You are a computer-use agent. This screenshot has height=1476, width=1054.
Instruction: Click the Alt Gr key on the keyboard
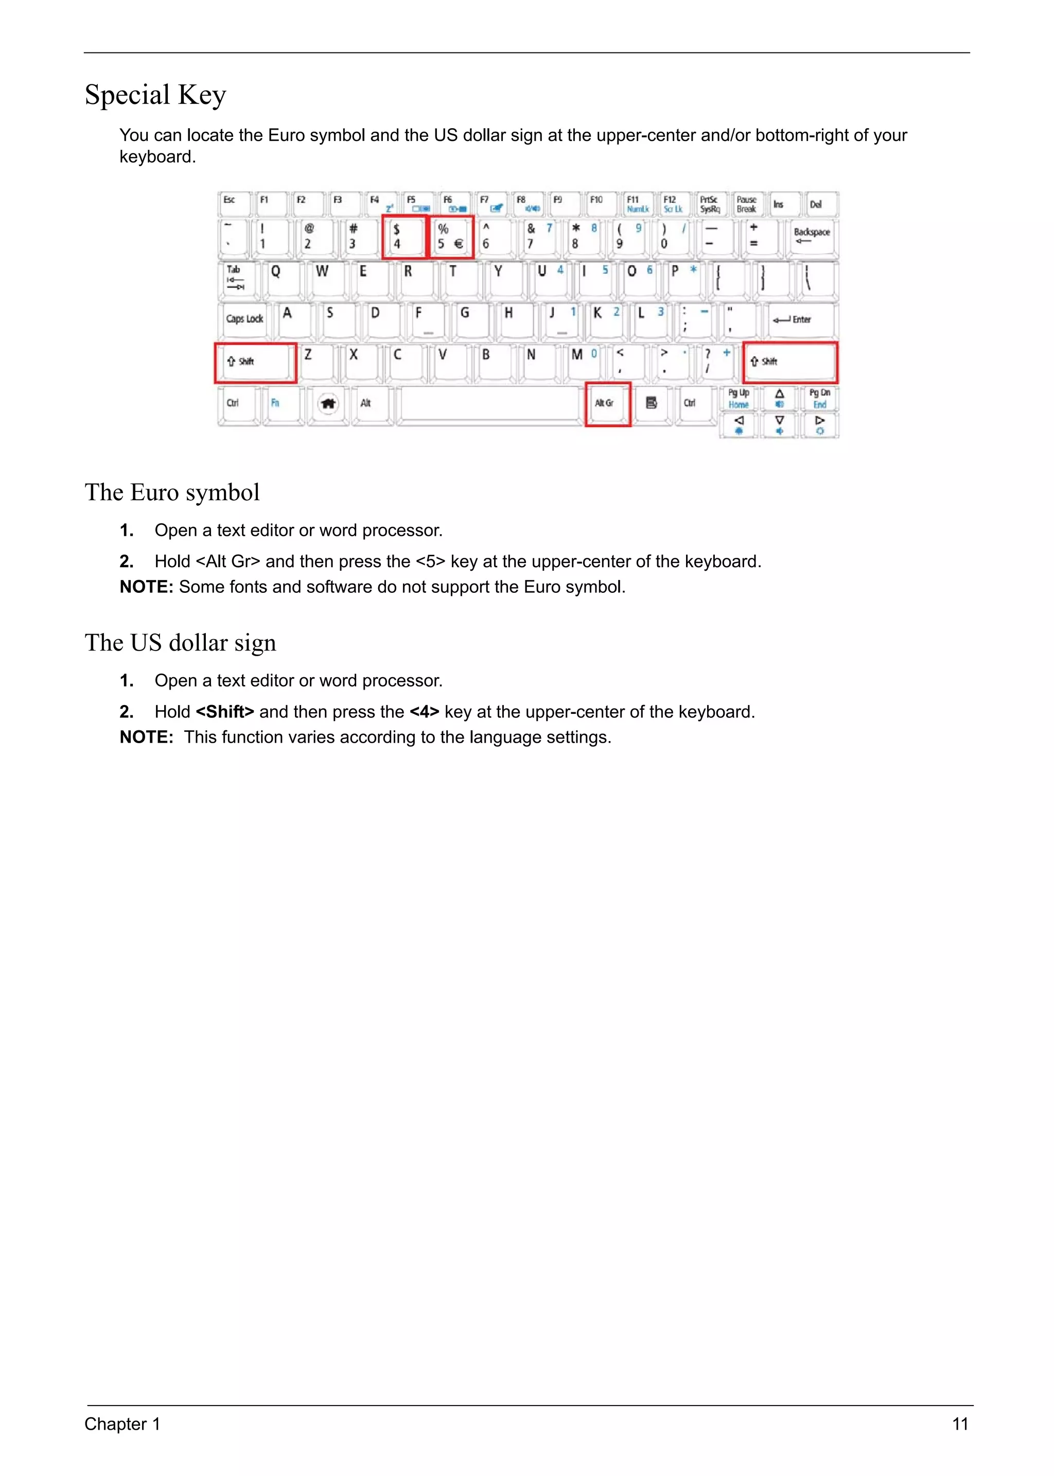(x=607, y=403)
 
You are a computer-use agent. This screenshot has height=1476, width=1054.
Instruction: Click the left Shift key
(x=256, y=362)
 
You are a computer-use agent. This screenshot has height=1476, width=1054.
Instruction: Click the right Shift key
(x=790, y=362)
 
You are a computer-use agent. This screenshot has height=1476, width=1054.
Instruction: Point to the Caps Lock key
(x=244, y=320)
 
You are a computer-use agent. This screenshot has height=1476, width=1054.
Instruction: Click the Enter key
(x=798, y=320)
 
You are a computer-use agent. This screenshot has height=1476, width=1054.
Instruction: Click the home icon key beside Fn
(x=328, y=403)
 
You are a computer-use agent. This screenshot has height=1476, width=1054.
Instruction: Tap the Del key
(x=820, y=204)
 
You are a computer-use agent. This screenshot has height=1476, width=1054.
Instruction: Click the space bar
(x=490, y=403)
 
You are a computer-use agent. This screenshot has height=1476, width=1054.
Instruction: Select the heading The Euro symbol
(x=172, y=493)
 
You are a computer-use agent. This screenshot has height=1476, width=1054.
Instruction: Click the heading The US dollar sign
(x=181, y=643)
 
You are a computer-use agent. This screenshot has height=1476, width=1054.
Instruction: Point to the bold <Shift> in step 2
(x=224, y=712)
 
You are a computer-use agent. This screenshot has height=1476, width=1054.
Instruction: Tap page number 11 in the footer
(x=960, y=1424)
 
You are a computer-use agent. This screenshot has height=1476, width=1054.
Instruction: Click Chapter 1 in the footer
(x=122, y=1424)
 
